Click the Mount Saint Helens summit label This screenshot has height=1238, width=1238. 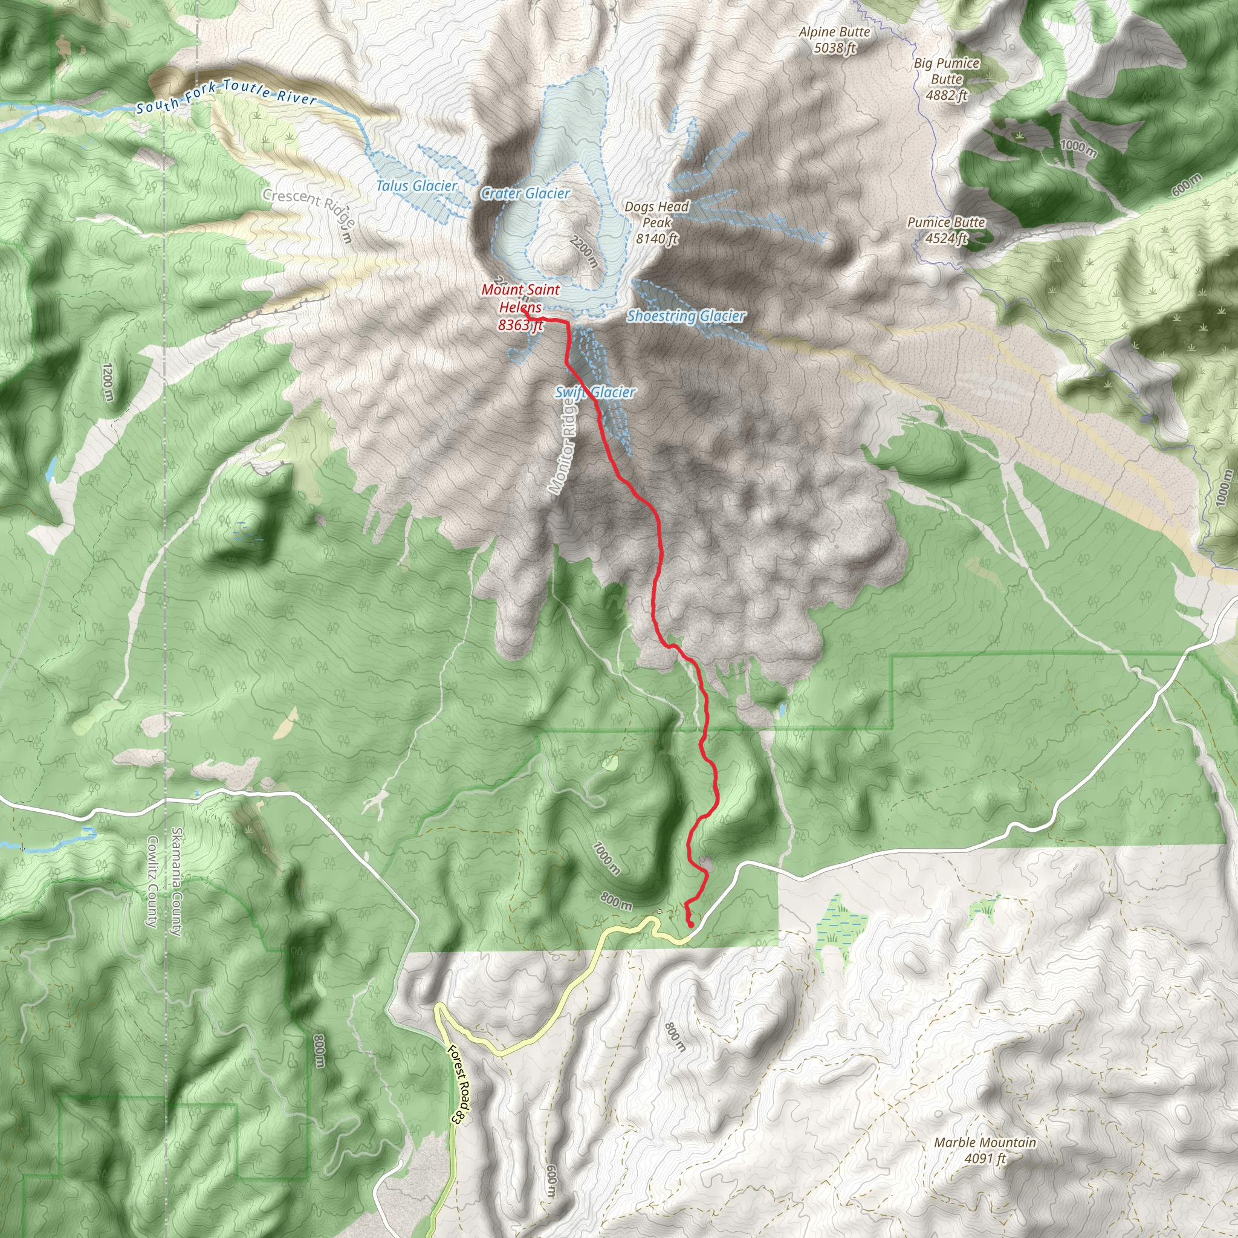(520, 307)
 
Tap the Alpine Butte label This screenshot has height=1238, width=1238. (834, 40)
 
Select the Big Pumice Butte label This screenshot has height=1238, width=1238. (947, 79)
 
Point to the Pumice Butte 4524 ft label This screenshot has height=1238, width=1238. (946, 230)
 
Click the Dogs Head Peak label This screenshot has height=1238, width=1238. (657, 223)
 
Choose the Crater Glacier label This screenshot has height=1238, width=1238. (525, 193)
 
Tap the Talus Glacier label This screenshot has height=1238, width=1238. (416, 186)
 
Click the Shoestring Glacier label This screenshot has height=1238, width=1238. (685, 316)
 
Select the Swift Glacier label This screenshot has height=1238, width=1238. (595, 392)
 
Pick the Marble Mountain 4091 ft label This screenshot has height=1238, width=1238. (984, 1150)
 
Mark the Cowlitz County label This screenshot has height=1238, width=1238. (152, 882)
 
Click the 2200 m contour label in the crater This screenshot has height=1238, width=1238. (584, 250)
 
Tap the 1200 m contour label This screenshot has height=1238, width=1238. (107, 383)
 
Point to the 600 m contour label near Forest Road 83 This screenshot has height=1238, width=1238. (552, 1181)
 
